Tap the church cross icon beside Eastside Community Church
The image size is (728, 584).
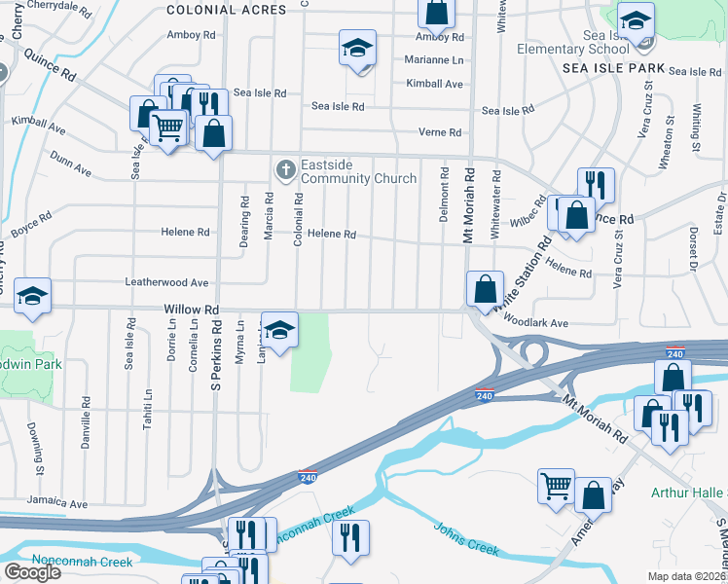tap(285, 171)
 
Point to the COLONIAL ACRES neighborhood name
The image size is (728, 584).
tap(227, 10)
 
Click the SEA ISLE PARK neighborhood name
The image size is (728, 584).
tap(613, 69)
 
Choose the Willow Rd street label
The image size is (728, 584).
tap(192, 310)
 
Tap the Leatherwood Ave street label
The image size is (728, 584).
tap(166, 282)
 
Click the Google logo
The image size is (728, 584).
tap(31, 572)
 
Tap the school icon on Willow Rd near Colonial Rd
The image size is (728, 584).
tap(279, 331)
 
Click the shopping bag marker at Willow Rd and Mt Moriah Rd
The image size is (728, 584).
tap(485, 289)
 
